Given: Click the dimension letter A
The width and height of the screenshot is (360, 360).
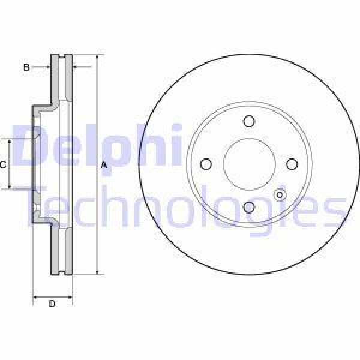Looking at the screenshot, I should [104, 164].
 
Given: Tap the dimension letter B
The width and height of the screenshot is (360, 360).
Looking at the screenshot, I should [26, 68].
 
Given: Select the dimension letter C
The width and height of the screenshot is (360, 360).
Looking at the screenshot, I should [3, 164].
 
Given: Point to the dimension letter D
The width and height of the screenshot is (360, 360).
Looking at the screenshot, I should [52, 304].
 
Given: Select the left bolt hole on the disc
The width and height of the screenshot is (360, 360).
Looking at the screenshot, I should [206, 164].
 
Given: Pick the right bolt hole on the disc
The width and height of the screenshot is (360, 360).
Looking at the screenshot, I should [292, 164].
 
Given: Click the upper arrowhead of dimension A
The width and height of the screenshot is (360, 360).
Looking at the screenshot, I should [97, 58].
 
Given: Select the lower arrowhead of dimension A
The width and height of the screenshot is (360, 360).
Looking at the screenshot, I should [97, 271].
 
